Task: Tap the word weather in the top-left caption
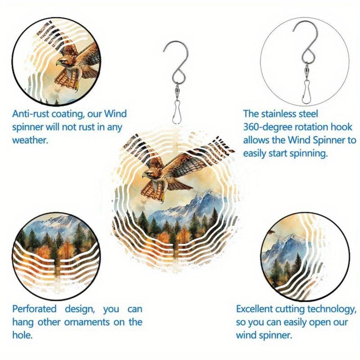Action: click(30, 140)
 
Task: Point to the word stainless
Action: click(286, 114)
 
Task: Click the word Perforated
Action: click(34, 309)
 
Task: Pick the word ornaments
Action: click(83, 322)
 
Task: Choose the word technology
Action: click(330, 309)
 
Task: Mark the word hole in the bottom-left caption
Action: click(22, 335)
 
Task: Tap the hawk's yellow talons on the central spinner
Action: click(162, 199)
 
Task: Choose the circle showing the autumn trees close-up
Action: click(56, 256)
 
